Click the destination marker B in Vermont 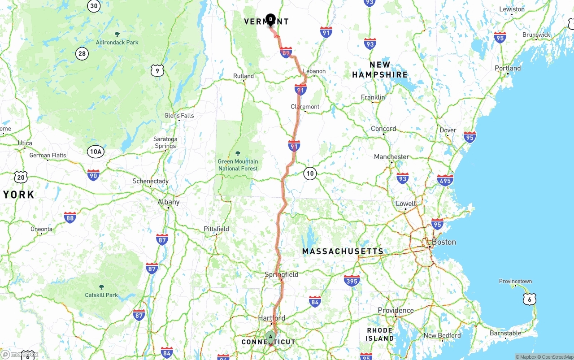[270, 19]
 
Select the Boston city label [444, 242]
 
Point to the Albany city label [168, 202]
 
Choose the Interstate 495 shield [445, 180]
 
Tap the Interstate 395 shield [352, 281]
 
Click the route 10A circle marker [96, 152]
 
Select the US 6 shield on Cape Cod [530, 299]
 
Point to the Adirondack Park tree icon [117, 34]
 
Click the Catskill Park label [101, 295]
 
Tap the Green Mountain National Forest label [238, 165]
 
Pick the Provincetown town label [515, 282]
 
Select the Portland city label [508, 68]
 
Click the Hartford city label [271, 318]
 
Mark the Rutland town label [244, 76]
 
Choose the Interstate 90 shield [93, 175]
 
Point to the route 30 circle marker [94, 6]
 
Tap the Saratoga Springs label [165, 143]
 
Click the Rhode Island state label [379, 334]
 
